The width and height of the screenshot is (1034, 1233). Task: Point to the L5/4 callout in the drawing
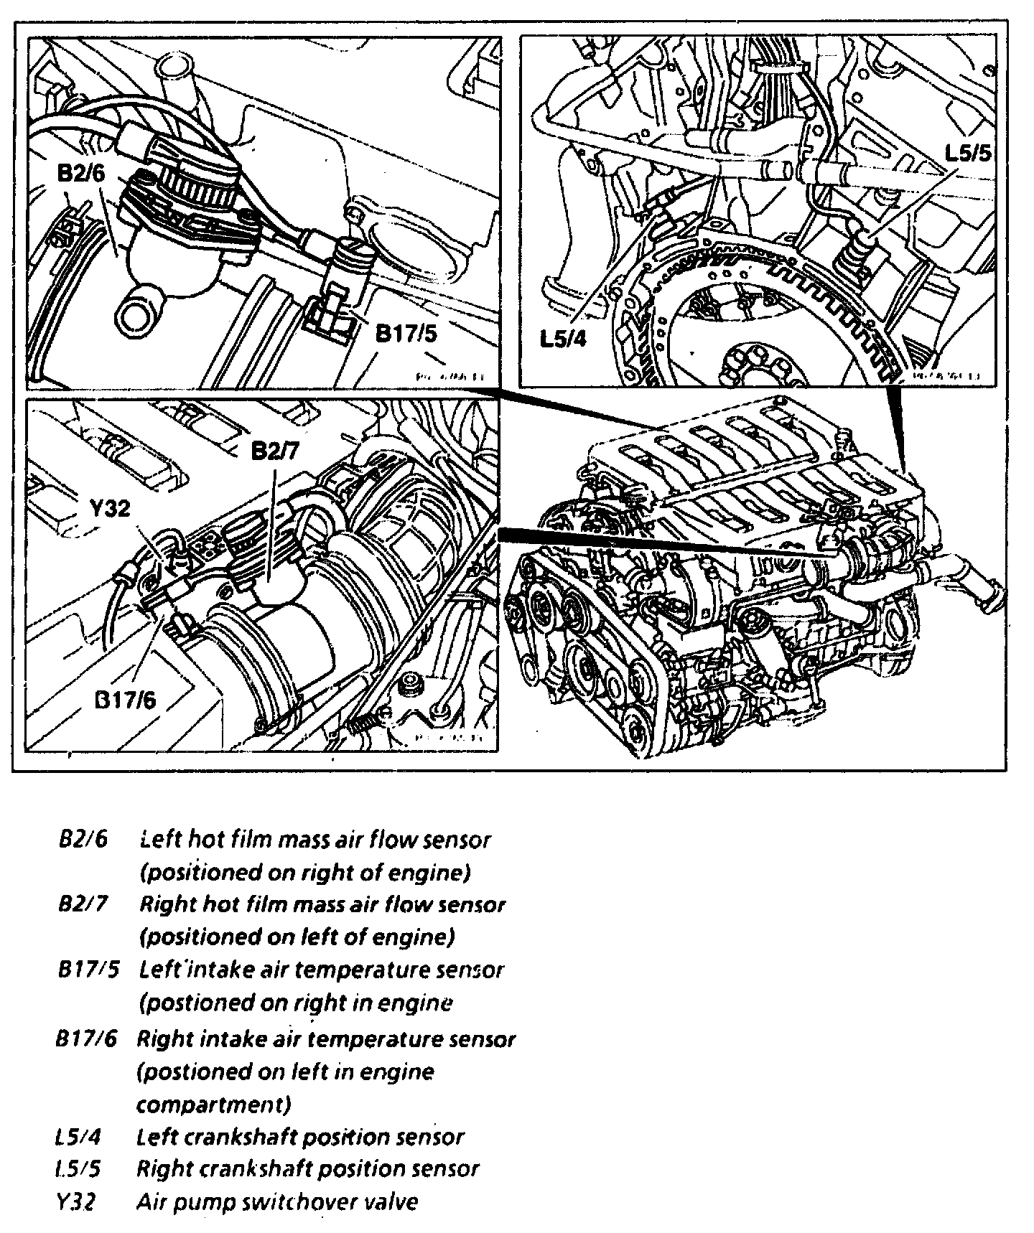coord(564,338)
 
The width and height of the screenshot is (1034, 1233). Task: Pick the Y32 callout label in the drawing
coord(111,509)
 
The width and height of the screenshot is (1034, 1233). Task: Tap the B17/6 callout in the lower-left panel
coord(125,700)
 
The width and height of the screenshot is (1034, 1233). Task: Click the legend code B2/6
coord(83,839)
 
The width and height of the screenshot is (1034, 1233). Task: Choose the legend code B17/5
coord(88,970)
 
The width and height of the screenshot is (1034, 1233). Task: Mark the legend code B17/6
coord(86,1039)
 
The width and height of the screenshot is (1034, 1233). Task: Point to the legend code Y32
coord(75,1201)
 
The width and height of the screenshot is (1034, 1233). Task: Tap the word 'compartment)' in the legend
coord(214,1104)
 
